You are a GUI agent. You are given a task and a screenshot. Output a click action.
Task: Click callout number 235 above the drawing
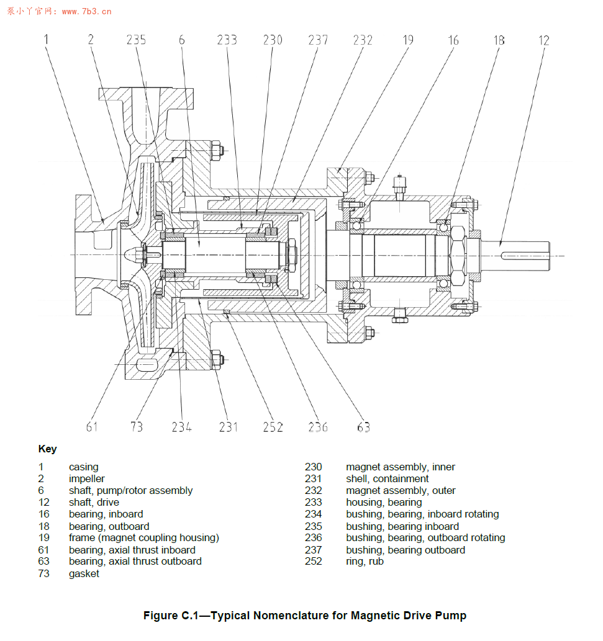(x=136, y=40)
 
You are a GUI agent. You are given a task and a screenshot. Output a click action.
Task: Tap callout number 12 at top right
(x=543, y=40)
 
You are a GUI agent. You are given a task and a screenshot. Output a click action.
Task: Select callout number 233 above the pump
(x=227, y=40)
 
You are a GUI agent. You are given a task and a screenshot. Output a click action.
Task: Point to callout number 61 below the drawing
(x=92, y=427)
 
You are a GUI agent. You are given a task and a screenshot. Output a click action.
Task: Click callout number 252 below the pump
(x=273, y=427)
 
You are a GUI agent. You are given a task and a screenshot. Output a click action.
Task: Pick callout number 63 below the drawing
(x=363, y=427)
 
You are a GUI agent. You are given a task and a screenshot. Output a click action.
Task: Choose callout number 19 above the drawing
(x=408, y=40)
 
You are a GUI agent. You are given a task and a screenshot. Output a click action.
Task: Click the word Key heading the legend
(x=47, y=449)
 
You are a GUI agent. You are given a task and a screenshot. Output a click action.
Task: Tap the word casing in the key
(x=83, y=467)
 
